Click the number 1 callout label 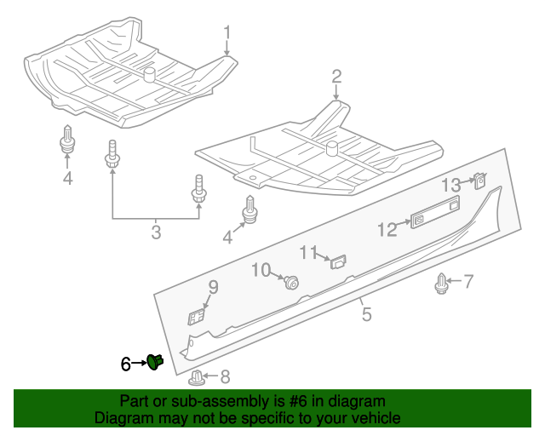pos(227,34)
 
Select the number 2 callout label pos(336,77)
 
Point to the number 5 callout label pos(366,315)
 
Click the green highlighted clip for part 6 pos(155,362)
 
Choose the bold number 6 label pos(126,364)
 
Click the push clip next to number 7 pos(441,284)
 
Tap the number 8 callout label pos(225,376)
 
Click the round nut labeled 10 pos(292,283)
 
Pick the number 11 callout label pos(307,252)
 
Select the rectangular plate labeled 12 pos(434,213)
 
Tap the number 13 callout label pos(450,185)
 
